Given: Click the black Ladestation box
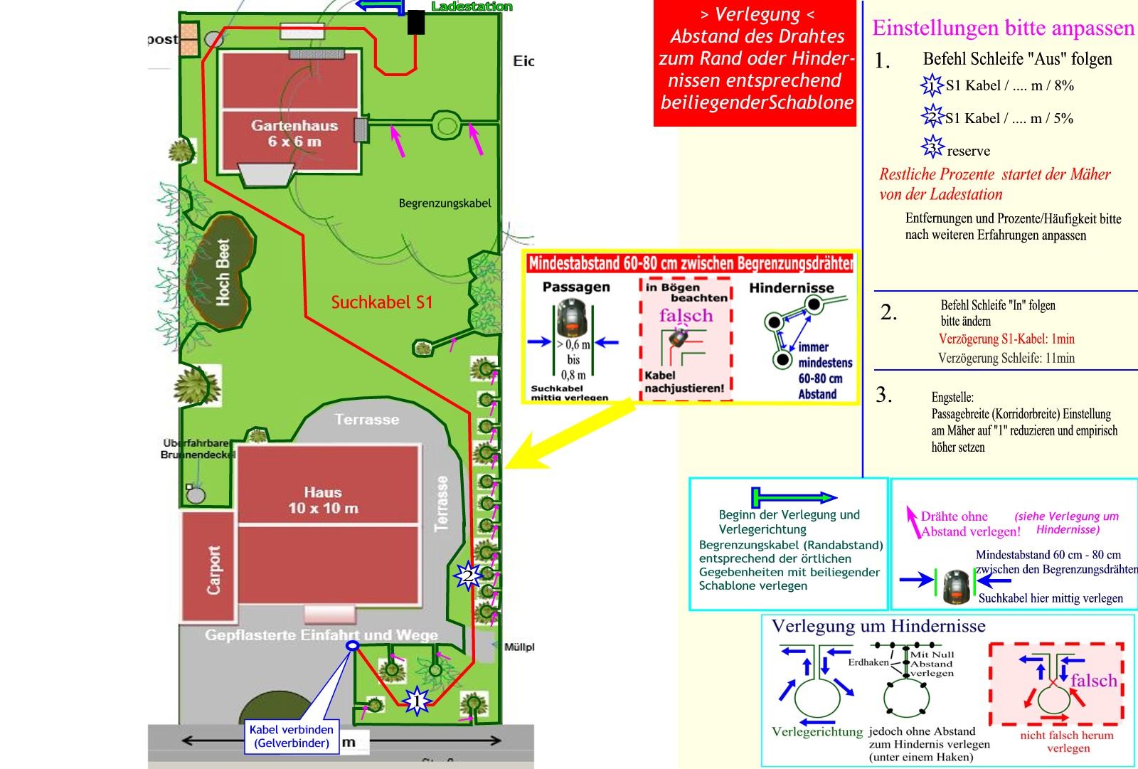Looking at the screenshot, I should [416, 22].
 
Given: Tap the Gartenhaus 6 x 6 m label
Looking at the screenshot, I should [294, 133].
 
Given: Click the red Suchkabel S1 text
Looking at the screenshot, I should [381, 302].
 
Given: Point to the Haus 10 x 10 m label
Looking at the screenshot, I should [323, 500].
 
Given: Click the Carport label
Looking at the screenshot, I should [213, 570].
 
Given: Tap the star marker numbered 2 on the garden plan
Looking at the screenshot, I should [468, 576].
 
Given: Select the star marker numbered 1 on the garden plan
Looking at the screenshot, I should [416, 701].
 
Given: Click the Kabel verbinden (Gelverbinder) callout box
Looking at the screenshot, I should [292, 736].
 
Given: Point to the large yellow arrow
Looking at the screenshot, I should [569, 431].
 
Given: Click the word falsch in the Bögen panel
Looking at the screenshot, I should [686, 315].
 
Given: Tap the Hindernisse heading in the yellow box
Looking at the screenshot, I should [791, 288].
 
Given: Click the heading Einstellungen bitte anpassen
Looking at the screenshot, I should [1003, 28].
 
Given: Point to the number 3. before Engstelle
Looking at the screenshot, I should [884, 396].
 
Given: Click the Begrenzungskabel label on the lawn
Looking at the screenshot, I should [445, 203].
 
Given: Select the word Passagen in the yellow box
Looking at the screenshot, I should [576, 287].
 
